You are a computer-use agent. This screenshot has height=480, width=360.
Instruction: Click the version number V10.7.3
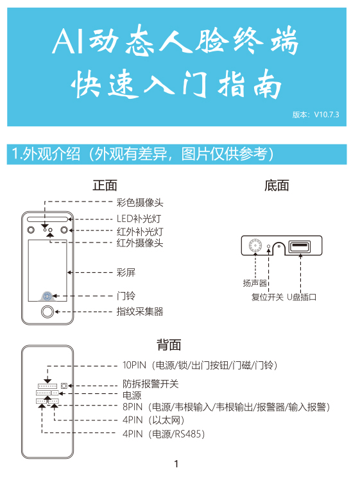click(327, 114)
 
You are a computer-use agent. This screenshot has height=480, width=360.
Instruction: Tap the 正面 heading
click(105, 185)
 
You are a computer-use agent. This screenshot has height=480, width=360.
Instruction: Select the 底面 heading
click(277, 185)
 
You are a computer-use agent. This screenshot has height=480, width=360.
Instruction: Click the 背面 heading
click(169, 345)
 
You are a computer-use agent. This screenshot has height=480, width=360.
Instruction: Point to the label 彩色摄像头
click(140, 203)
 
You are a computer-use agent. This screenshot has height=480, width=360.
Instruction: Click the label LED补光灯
click(139, 219)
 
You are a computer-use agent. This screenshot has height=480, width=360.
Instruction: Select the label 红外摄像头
click(140, 243)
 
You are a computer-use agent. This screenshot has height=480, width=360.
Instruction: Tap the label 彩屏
click(126, 272)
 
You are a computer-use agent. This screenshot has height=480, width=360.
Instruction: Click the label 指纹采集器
click(140, 312)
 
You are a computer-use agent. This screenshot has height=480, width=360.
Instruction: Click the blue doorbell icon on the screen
click(47, 296)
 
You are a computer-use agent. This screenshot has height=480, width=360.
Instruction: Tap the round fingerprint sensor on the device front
click(47, 312)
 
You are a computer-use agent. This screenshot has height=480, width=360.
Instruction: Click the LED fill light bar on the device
click(47, 219)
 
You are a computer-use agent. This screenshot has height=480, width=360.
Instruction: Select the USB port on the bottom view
click(300, 246)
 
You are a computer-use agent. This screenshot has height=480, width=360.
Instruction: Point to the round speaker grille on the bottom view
click(255, 246)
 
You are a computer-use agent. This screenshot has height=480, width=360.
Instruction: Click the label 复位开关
click(267, 297)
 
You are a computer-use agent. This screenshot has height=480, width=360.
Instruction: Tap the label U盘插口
click(302, 297)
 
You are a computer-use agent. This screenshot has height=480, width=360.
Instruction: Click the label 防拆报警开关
click(150, 384)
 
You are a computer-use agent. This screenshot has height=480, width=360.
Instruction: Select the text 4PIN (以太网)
click(153, 420)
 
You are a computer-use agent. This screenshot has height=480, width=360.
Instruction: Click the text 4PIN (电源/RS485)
click(164, 434)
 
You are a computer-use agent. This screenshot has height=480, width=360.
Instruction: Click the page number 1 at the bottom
click(176, 464)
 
